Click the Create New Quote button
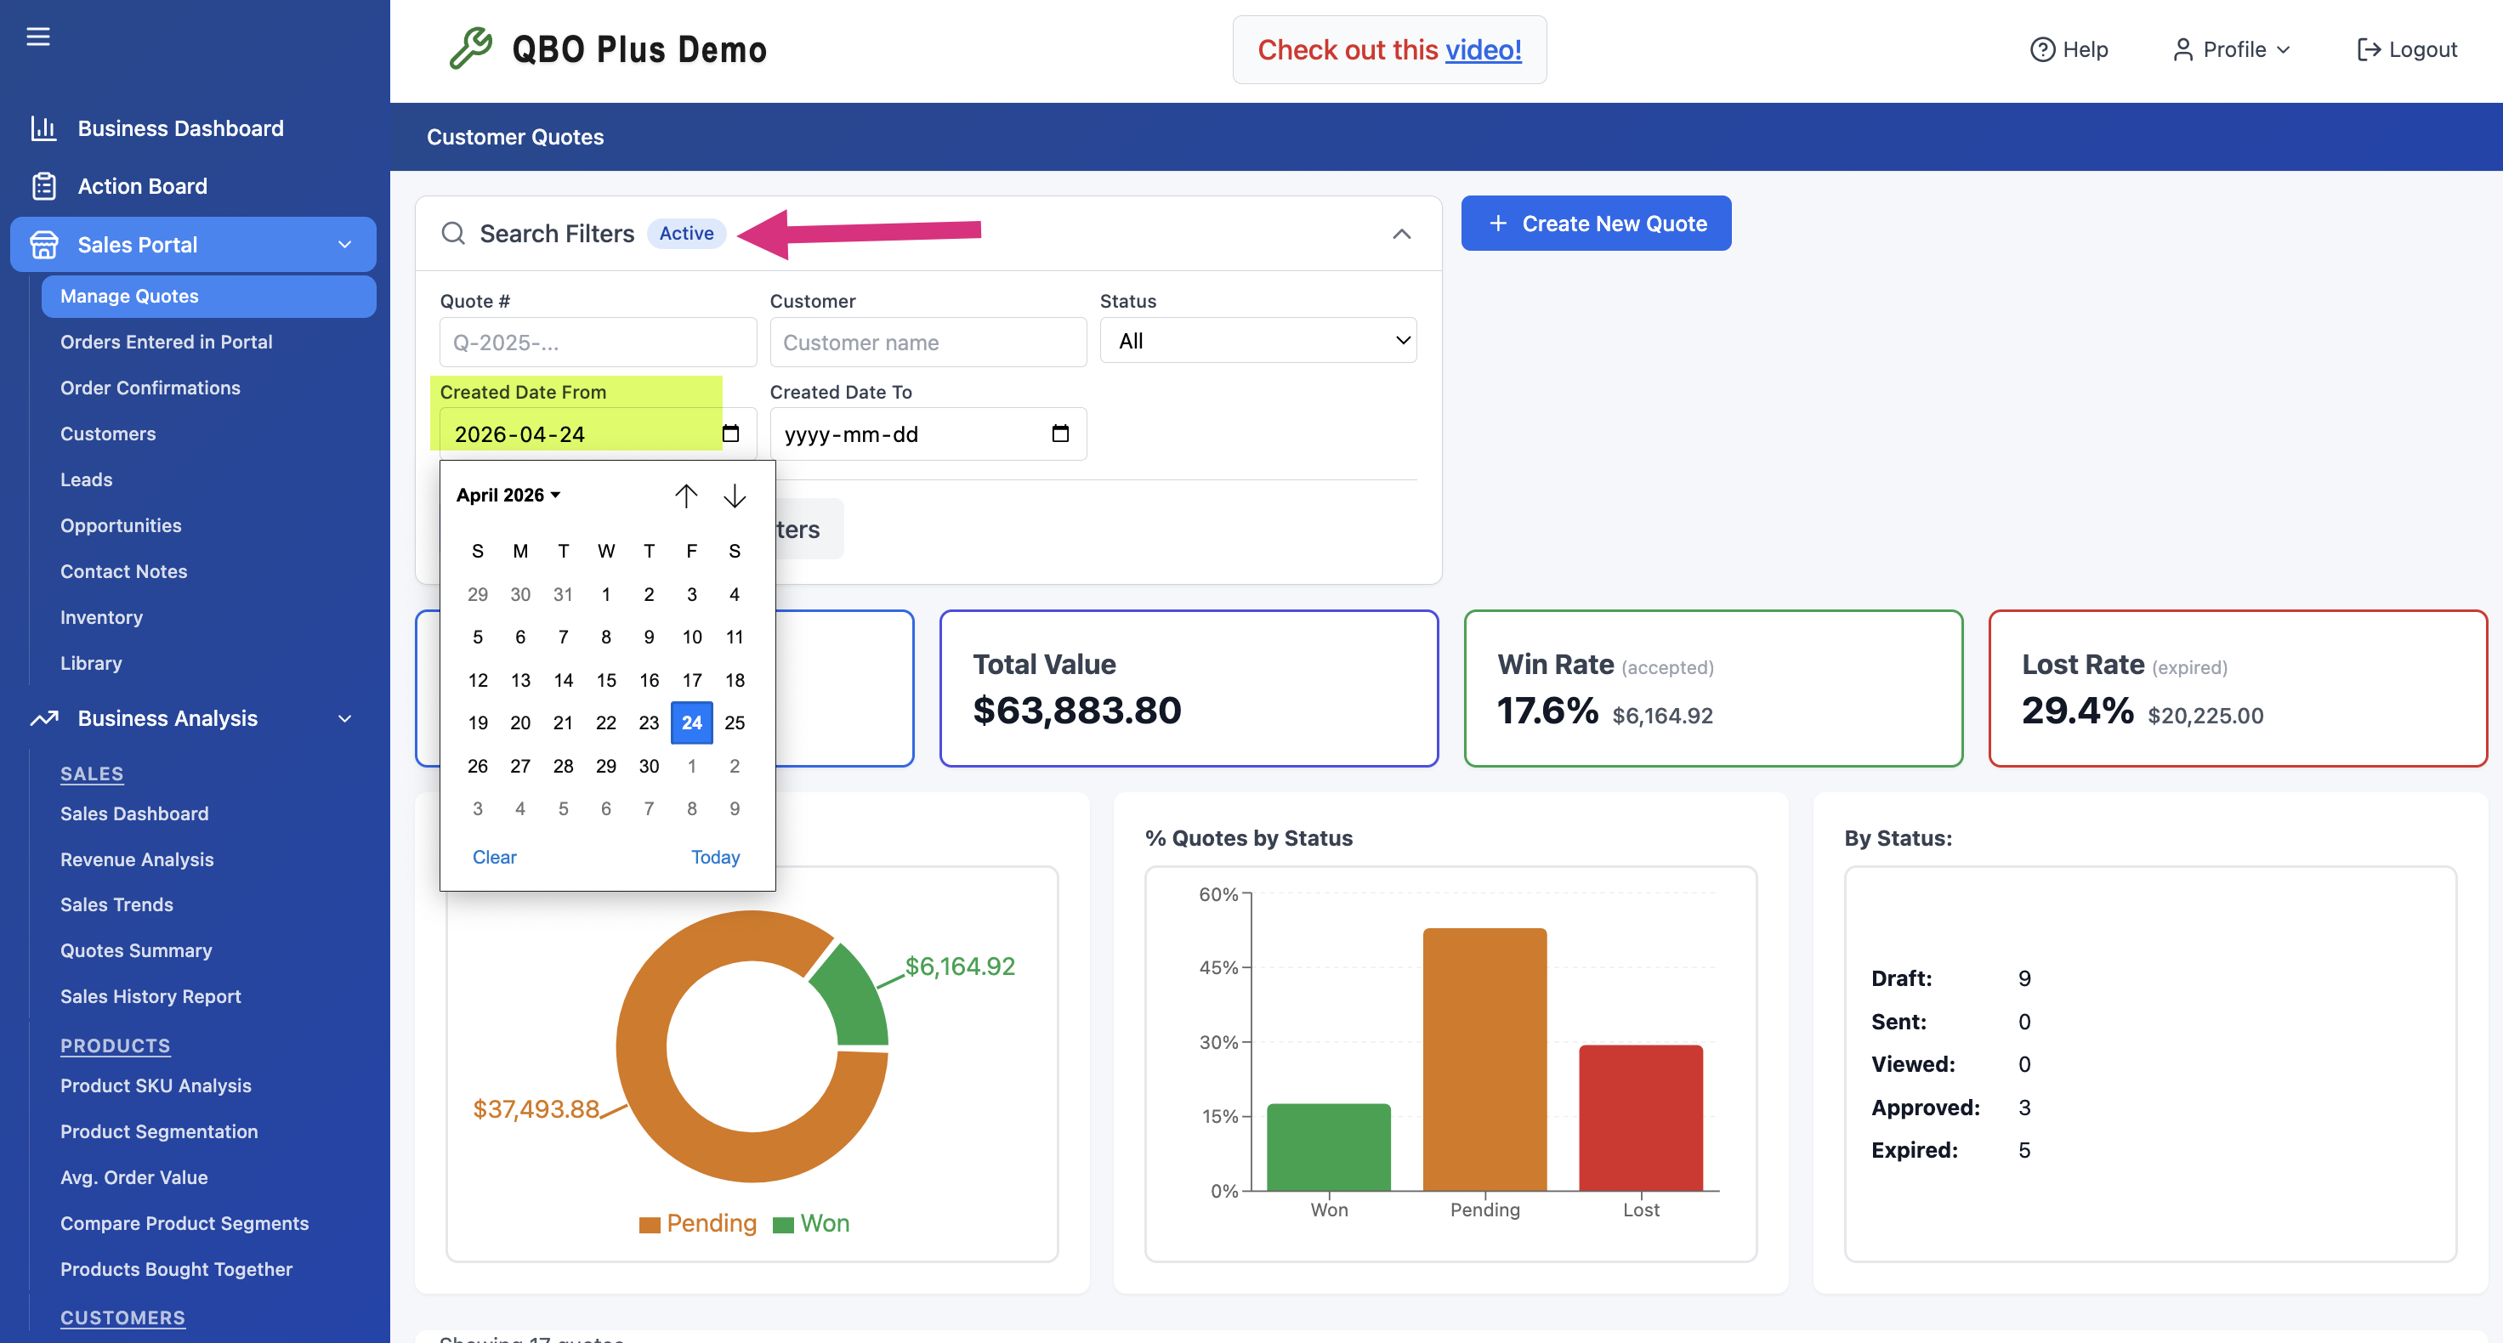pos(1596,224)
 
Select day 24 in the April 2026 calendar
pos(692,722)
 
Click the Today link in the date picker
pos(715,857)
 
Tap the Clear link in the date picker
pos(494,857)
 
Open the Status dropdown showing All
pos(1258,340)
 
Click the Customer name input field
pos(928,342)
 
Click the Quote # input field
pos(598,342)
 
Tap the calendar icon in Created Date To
pos(1060,433)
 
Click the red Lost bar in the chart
pos(1640,1118)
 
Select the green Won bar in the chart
pos(1328,1147)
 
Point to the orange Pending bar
pos(1484,1059)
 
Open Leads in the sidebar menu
pos(87,479)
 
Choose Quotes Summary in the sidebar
pos(136,949)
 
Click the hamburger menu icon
pos(38,37)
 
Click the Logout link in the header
pos(2407,48)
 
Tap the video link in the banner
pos(1483,49)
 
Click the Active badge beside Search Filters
pos(686,233)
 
